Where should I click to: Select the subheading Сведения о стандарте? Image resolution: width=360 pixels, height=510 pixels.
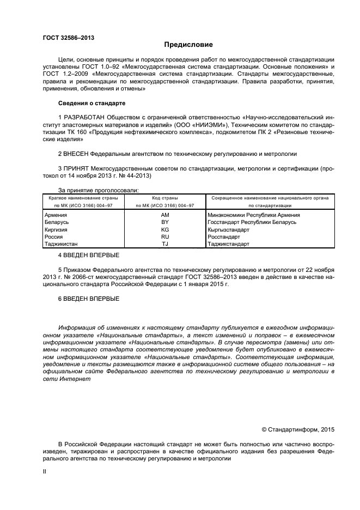click(x=91, y=103)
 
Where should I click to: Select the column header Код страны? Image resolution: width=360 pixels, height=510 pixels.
click(x=164, y=198)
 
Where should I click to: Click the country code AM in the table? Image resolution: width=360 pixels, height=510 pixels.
click(x=164, y=215)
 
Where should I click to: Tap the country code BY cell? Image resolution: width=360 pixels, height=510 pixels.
click(x=164, y=222)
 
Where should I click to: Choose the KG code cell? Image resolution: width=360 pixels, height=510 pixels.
click(x=164, y=230)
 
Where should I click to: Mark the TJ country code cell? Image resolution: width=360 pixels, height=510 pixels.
click(x=164, y=244)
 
